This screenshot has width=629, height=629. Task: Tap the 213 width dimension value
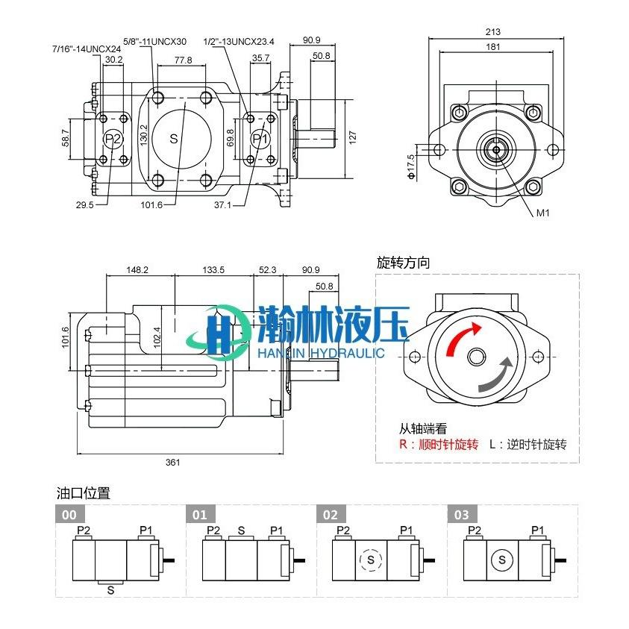(493, 31)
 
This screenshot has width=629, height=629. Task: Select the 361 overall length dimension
(173, 462)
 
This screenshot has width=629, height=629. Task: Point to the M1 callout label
(542, 213)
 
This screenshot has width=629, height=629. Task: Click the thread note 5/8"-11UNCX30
(155, 41)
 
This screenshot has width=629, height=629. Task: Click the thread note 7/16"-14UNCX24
(87, 49)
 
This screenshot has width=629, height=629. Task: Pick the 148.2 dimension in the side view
(137, 269)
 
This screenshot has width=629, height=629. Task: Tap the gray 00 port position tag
(69, 515)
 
